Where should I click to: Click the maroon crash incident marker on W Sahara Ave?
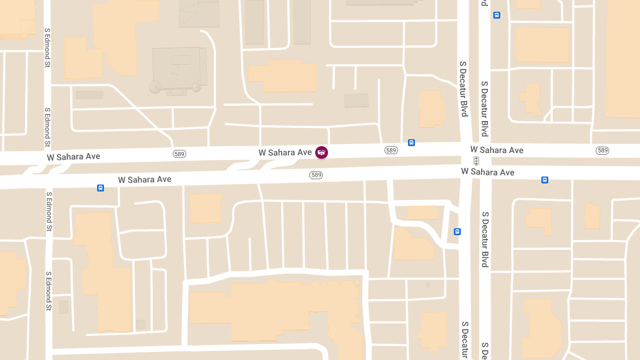(x=322, y=153)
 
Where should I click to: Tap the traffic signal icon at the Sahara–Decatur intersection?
(x=476, y=161)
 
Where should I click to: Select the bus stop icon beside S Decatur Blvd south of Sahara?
(x=457, y=231)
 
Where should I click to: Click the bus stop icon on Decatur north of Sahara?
(x=497, y=15)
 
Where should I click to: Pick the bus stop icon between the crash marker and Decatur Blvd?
(x=411, y=142)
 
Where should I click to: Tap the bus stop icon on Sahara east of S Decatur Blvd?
(x=545, y=180)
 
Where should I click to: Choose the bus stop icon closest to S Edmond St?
(x=100, y=188)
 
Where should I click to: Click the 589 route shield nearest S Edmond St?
(x=180, y=154)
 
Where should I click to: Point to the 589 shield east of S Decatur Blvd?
(x=602, y=150)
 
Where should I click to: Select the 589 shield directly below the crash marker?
(x=316, y=175)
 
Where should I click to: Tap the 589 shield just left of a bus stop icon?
(x=391, y=150)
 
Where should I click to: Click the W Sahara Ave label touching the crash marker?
(x=285, y=153)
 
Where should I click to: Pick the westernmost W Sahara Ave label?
(x=73, y=157)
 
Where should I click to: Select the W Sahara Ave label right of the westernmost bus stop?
(x=145, y=179)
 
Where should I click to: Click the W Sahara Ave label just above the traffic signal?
(x=497, y=150)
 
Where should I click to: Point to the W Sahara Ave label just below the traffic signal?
(x=487, y=172)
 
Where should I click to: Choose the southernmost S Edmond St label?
(x=49, y=291)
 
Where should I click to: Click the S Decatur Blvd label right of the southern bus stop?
(x=485, y=239)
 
